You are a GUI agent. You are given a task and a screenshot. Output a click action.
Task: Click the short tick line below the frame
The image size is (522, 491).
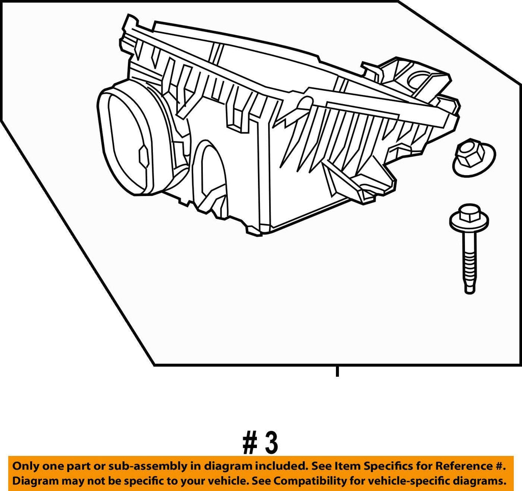[337, 371]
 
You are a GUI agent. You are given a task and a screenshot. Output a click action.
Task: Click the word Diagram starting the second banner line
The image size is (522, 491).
[33, 481]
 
